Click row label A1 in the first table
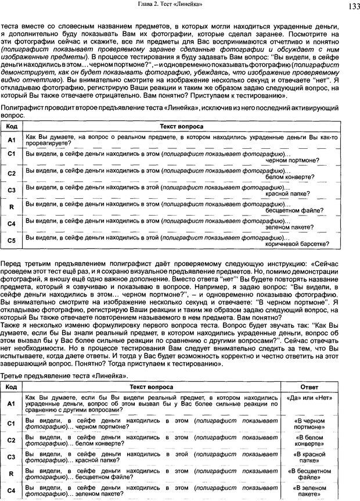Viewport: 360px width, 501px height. [x=12, y=139]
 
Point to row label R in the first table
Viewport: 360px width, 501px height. [x=12, y=206]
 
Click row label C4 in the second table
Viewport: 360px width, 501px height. [x=11, y=491]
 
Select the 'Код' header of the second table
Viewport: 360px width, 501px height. [x=11, y=371]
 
